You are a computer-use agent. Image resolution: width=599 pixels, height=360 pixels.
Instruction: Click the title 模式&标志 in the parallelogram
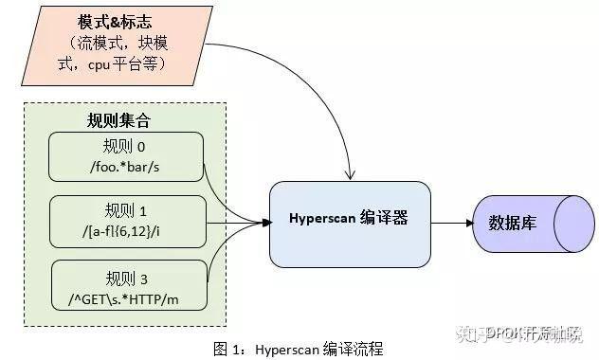tap(114, 20)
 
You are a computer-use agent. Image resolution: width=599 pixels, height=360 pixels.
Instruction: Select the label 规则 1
tap(126, 211)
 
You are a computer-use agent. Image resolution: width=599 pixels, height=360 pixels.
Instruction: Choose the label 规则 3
tap(126, 278)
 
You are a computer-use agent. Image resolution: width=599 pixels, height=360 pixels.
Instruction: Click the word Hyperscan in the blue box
tap(322, 219)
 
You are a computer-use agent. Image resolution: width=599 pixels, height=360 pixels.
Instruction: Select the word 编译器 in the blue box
tap(384, 219)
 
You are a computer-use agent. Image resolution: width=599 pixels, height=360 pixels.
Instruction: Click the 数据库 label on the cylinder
tap(513, 225)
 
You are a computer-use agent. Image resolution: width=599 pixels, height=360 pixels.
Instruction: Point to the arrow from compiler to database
tap(453, 224)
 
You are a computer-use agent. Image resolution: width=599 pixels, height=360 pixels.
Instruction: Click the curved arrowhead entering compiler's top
tap(352, 175)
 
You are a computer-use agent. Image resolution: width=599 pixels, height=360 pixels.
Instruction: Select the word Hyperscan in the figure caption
tap(288, 349)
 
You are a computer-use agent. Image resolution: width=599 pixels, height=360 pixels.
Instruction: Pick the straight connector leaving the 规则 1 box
tap(232, 224)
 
